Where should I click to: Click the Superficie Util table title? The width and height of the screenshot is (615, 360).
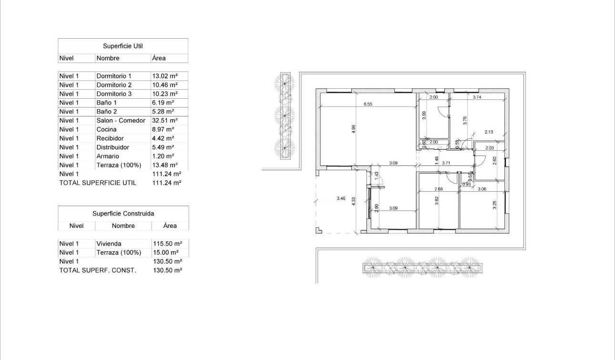coord(123,46)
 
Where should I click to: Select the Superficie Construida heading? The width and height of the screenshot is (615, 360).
coord(123,214)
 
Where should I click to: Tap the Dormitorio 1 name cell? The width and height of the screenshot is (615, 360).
coord(114,76)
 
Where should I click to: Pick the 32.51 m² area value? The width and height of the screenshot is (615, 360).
coord(164,121)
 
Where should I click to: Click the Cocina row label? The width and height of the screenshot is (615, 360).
coord(106,129)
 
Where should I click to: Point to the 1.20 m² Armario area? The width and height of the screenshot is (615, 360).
coord(162,156)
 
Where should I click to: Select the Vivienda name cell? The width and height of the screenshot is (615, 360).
coord(108,244)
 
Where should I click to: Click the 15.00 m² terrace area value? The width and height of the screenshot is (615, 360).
coord(165,252)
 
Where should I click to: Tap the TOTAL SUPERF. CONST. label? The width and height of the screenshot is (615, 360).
coord(97,270)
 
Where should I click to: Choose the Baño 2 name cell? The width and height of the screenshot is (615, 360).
coord(106,112)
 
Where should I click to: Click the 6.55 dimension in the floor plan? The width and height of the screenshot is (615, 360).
coord(368,103)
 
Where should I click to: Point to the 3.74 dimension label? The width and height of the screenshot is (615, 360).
coord(477,97)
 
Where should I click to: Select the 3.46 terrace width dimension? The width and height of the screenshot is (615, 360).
coord(340,198)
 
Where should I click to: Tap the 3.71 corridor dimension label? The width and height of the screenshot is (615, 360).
coord(446,163)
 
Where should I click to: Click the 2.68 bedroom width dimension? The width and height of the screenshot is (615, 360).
coord(439,189)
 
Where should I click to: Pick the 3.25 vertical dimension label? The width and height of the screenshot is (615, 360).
coord(494,205)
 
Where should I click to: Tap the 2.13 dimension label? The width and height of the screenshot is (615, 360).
coord(488,132)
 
